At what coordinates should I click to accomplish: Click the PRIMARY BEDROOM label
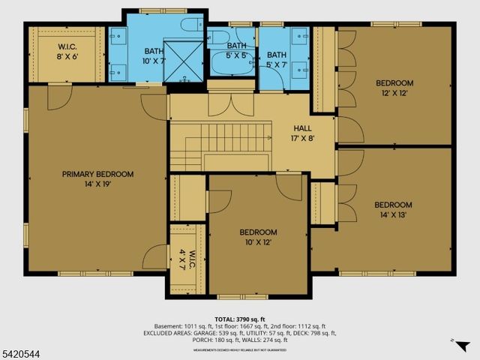pyautogui.click(x=97, y=179)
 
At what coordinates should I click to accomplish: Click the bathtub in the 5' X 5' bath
pyautogui.click(x=228, y=64)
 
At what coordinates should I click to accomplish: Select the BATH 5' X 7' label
pyautogui.click(x=277, y=59)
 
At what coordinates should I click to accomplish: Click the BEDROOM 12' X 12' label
pyautogui.click(x=393, y=89)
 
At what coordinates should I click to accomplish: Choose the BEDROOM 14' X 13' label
pyautogui.click(x=393, y=210)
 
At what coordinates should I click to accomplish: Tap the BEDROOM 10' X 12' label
pyautogui.click(x=258, y=237)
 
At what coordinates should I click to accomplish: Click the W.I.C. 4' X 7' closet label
pyautogui.click(x=193, y=259)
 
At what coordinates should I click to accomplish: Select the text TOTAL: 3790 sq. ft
pyautogui.click(x=240, y=318)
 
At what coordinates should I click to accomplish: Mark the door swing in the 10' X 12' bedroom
pyautogui.click(x=287, y=185)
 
